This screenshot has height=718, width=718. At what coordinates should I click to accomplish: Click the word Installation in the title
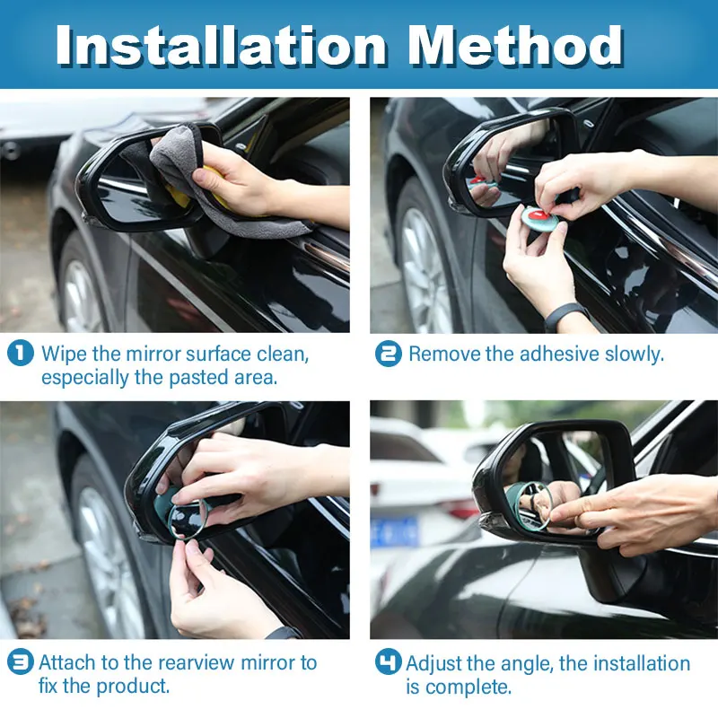[221, 45]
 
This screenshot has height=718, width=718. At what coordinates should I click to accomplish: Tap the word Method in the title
[516, 45]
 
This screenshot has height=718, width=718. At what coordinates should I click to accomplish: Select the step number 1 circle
[21, 353]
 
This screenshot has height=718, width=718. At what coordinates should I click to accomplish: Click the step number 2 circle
[389, 354]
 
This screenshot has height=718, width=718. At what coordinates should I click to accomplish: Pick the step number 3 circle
[21, 661]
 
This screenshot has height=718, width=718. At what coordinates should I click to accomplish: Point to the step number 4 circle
[389, 661]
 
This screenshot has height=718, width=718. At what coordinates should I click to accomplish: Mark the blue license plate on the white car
[394, 531]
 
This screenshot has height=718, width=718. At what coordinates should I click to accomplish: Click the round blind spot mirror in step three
[188, 519]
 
